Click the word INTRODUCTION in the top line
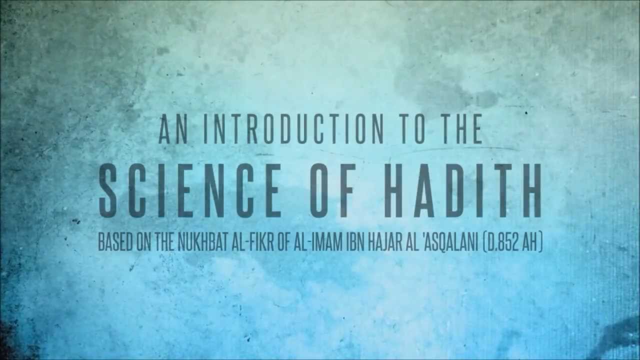point(293,129)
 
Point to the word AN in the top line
point(174,129)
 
